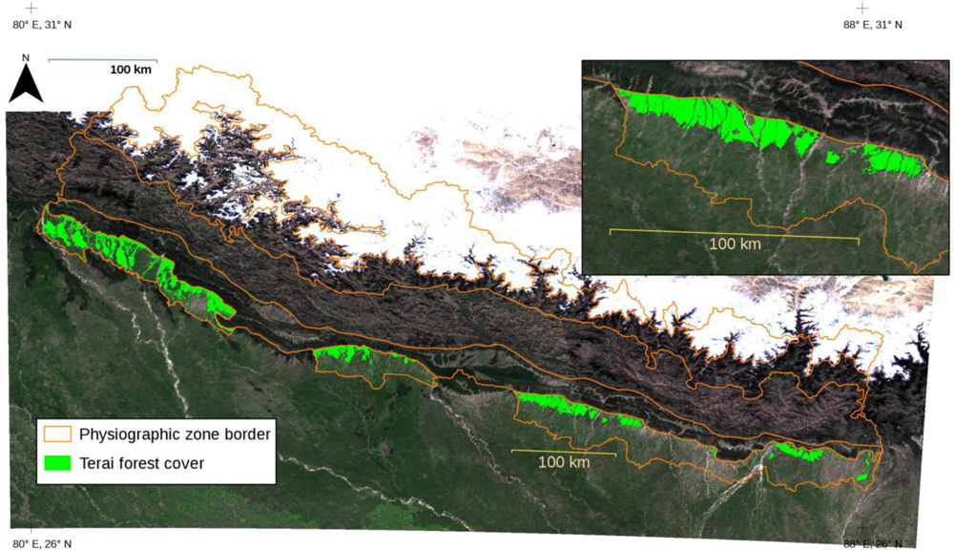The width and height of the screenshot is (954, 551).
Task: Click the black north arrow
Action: click(27, 85)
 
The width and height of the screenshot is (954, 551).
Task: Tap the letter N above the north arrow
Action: click(26, 58)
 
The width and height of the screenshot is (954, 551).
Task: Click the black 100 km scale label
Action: click(130, 70)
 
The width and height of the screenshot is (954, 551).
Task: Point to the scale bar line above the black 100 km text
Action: click(102, 60)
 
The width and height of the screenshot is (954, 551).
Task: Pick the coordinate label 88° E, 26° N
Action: click(872, 543)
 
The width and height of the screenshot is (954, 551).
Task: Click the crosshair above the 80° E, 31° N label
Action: click(31, 8)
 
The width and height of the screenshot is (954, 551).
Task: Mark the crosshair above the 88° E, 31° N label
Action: click(863, 8)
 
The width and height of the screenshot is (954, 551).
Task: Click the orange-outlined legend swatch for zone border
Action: click(57, 434)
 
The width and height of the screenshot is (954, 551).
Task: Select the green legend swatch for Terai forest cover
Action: click(57, 463)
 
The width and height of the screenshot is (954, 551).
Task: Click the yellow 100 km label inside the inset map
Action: click(736, 244)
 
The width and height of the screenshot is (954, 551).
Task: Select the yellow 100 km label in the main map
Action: click(564, 462)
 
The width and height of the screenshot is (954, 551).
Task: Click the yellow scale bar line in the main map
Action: click(564, 450)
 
